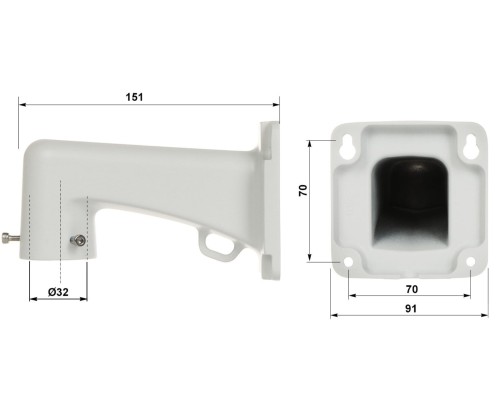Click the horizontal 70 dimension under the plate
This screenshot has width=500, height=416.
pyautogui.click(x=410, y=288)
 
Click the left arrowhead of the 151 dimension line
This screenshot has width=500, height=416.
pyautogui.click(x=22, y=103)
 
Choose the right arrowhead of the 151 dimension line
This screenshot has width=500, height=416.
pyautogui.click(x=274, y=103)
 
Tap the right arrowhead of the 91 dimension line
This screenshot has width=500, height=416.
pyautogui.click(x=487, y=315)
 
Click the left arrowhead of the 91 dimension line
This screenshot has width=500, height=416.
pyautogui.click(x=333, y=315)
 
